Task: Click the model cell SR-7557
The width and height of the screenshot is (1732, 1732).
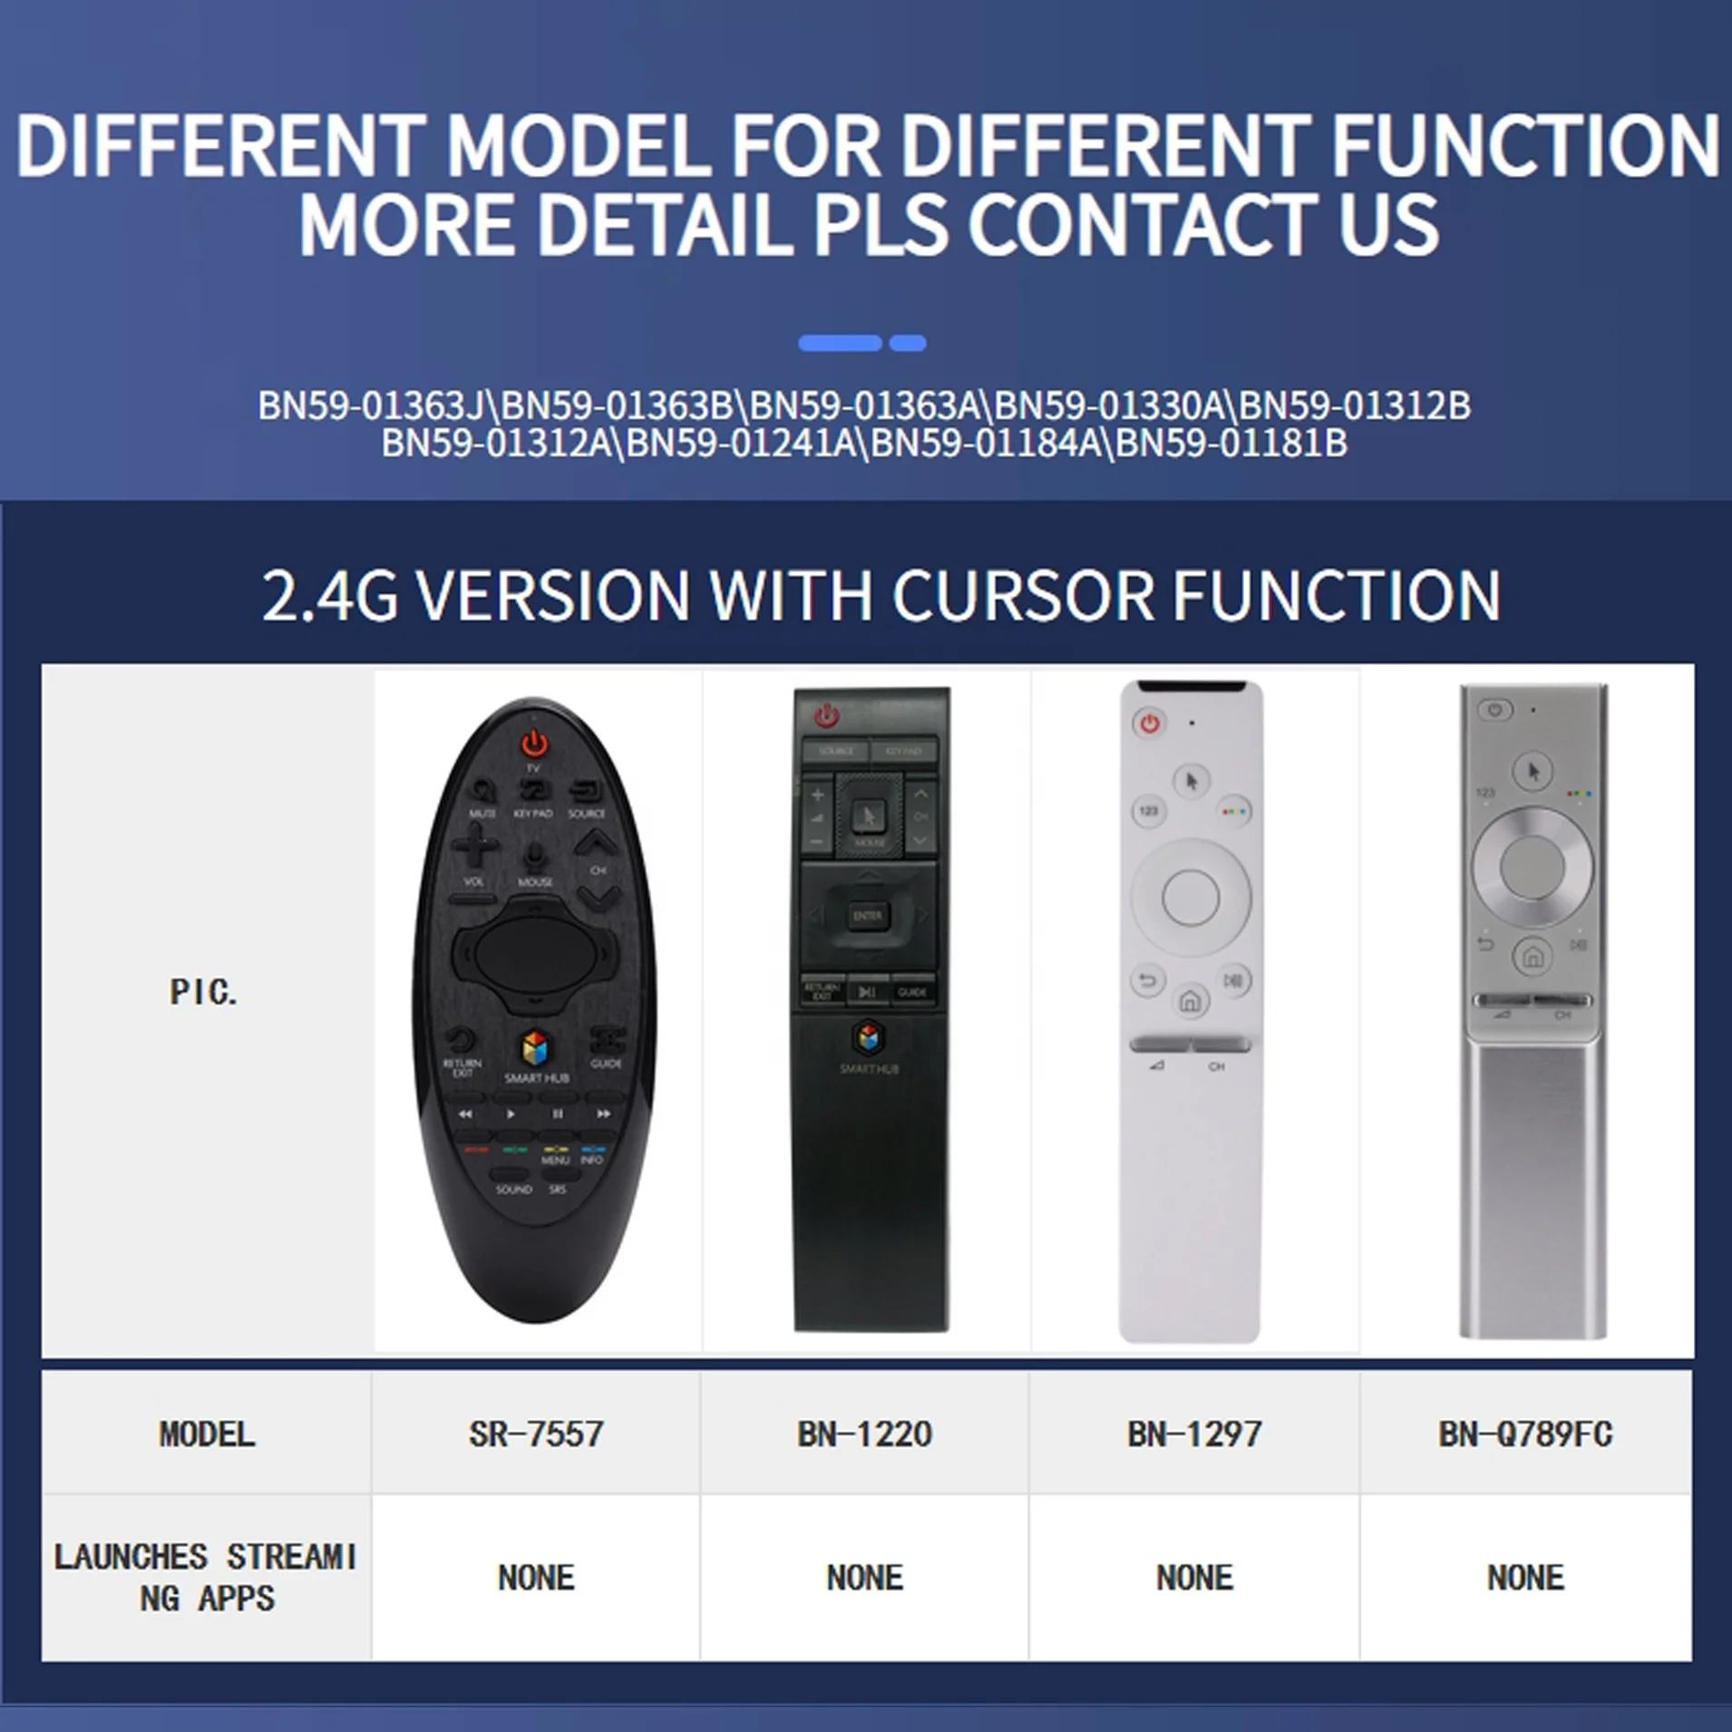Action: (x=536, y=1435)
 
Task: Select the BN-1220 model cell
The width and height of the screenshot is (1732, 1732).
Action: (x=864, y=1435)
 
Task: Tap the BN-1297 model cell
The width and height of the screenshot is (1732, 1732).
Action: (x=1194, y=1435)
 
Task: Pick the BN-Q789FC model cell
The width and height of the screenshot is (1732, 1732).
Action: (x=1525, y=1435)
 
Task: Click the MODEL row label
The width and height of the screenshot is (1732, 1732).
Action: (x=207, y=1435)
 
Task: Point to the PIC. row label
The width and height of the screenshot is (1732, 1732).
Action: (x=204, y=992)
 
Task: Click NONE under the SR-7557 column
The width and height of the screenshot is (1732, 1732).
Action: (x=536, y=1578)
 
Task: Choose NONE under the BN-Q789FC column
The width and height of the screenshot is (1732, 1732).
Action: (x=1525, y=1578)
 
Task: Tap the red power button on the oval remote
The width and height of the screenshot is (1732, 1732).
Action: (x=534, y=744)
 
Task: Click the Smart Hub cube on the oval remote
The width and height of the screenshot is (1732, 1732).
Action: (x=535, y=1049)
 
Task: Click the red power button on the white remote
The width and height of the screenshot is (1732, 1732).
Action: (x=1150, y=724)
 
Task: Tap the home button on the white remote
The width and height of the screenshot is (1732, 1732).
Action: (x=1190, y=1001)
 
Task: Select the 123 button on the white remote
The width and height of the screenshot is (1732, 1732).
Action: (x=1149, y=811)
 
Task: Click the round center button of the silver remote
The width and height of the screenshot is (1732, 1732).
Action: (x=1532, y=867)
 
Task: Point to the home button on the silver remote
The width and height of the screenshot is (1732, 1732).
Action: (x=1533, y=956)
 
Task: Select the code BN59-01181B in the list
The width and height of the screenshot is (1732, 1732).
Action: (x=1231, y=443)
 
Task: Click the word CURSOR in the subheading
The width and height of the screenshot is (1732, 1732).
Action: (x=1022, y=596)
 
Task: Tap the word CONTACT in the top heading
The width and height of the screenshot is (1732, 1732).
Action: (x=1143, y=224)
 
